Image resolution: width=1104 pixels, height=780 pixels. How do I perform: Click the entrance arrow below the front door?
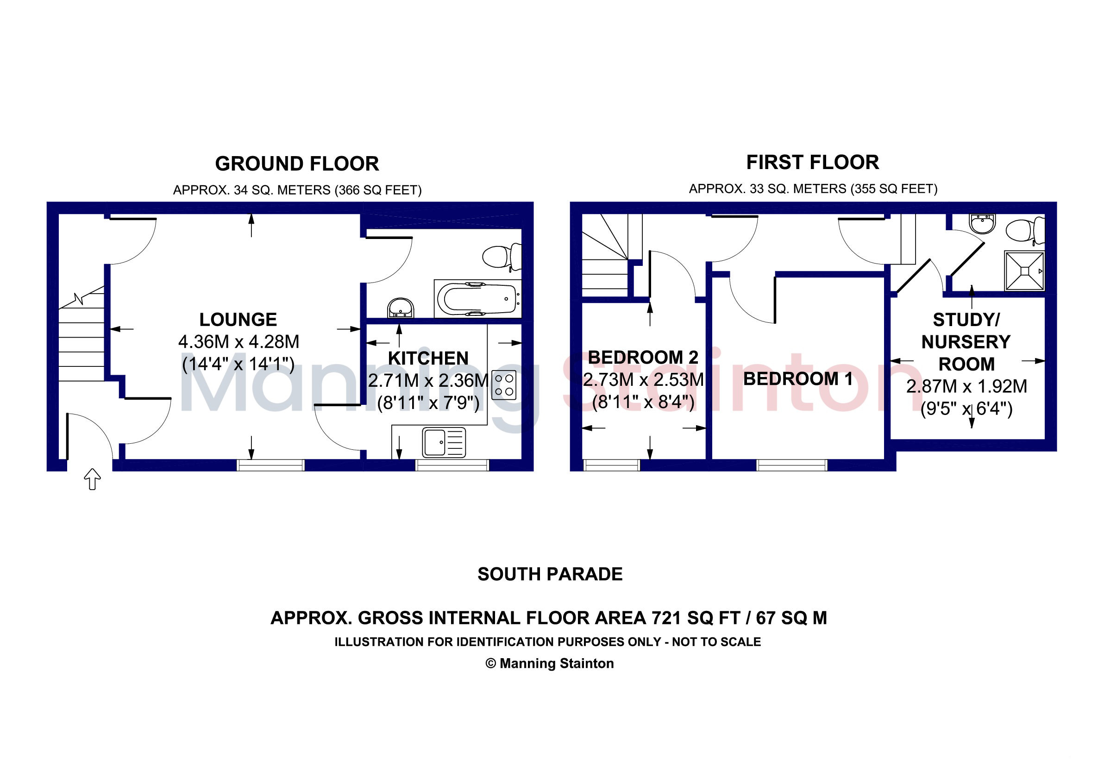(92, 479)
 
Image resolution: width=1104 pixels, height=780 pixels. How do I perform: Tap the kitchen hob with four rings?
(504, 385)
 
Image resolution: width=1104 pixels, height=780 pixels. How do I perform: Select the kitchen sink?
(444, 442)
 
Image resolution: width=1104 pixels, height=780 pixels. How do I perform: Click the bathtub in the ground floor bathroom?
(477, 299)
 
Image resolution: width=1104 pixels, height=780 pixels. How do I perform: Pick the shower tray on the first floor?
(1024, 271)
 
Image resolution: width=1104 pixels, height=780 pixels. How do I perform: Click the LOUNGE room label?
(238, 320)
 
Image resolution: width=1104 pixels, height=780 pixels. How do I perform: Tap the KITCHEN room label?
(428, 358)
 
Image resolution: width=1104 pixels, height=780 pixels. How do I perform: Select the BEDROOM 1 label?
(798, 379)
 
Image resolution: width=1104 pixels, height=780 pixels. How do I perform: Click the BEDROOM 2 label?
(643, 357)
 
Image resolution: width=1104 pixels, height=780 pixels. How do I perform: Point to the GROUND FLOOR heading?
(297, 164)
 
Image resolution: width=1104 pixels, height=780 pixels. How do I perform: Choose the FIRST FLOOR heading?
(813, 163)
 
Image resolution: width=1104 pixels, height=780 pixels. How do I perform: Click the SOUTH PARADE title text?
(550, 574)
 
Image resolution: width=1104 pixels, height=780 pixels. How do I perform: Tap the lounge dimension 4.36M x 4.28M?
(238, 342)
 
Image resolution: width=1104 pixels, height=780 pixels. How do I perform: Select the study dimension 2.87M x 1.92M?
(966, 387)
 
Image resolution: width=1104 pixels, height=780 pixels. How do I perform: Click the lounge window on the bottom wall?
(271, 465)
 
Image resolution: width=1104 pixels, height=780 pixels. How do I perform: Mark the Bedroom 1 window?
(792, 465)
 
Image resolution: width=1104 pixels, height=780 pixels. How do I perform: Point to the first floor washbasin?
(983, 224)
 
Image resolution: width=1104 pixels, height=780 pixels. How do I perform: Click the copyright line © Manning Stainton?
(550, 664)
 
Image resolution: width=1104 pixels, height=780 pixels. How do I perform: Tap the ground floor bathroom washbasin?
(401, 308)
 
